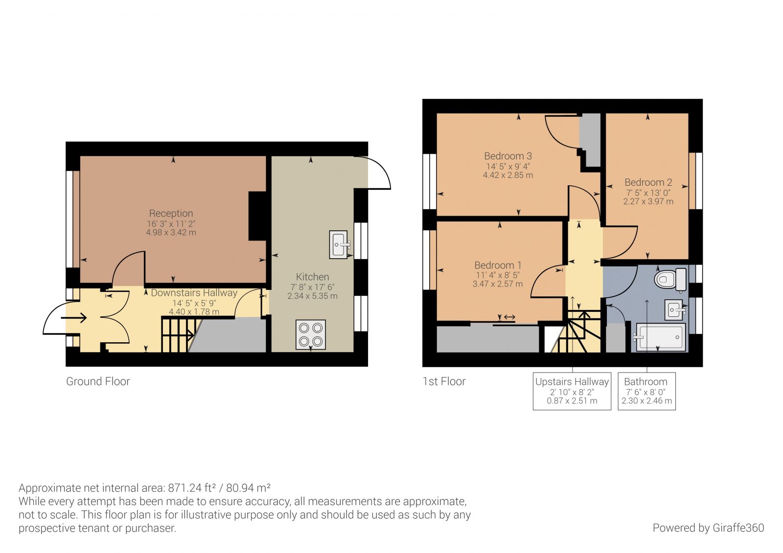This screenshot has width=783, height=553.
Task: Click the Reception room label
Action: point(171,213)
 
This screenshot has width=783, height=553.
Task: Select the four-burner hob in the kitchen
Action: point(311,334)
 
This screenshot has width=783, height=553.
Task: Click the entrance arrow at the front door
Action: point(74,318)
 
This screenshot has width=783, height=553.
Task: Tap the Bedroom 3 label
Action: point(507,156)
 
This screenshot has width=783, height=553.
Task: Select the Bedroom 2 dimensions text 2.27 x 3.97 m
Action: point(648,201)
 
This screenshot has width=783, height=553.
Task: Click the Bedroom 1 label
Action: point(498,265)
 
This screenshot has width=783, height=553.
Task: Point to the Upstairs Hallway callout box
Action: point(572,391)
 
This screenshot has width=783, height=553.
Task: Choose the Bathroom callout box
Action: point(646,391)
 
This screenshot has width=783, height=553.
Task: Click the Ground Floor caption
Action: point(98,381)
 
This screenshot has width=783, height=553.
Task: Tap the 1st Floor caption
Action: point(444,381)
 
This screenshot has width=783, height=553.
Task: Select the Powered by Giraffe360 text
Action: point(708,528)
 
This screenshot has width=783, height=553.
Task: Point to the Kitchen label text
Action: point(312,277)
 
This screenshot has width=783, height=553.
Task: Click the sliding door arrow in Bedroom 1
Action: point(509,318)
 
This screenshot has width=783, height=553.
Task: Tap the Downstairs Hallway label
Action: point(194,293)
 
